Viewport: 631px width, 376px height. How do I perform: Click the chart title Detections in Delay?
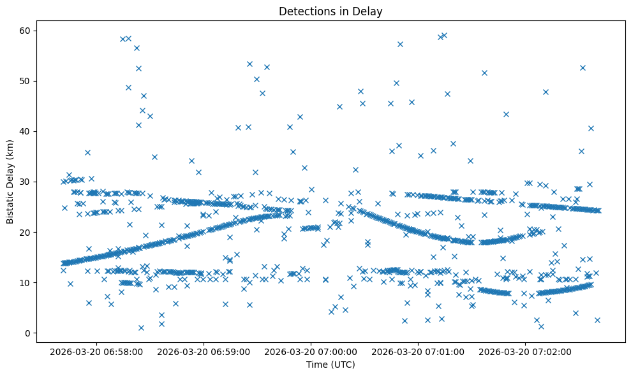(330, 11)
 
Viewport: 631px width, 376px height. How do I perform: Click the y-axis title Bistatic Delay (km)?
(10, 182)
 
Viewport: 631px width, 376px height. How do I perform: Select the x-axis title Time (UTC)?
(330, 365)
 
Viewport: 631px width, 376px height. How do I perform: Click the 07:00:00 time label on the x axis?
(312, 351)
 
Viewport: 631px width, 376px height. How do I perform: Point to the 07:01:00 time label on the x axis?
(419, 351)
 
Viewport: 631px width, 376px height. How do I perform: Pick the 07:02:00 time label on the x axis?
(526, 351)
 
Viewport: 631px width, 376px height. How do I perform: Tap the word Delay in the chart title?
(369, 11)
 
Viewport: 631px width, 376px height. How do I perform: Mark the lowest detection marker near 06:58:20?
(141, 328)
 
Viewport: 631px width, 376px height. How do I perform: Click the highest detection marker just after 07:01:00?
(444, 36)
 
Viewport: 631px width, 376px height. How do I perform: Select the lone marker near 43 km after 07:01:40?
(506, 114)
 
